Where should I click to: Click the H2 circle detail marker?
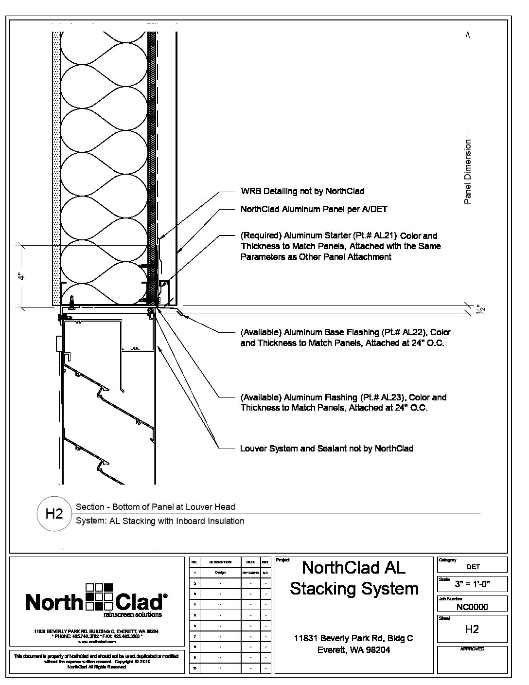(54, 514)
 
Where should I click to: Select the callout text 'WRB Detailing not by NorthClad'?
(302, 191)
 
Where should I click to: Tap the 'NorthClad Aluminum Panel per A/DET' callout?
(314, 209)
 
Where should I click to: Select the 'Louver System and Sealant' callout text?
(326, 449)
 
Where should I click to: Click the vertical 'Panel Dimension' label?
(468, 172)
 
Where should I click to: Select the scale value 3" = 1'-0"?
(472, 584)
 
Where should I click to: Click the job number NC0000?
(472, 607)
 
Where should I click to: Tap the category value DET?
(473, 567)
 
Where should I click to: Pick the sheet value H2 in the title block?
(472, 629)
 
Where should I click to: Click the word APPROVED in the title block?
(472, 649)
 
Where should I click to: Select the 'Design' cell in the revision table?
(220, 573)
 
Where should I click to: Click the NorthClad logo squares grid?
(99, 596)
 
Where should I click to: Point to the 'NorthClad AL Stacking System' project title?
(354, 578)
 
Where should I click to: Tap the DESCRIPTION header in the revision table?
(220, 562)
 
